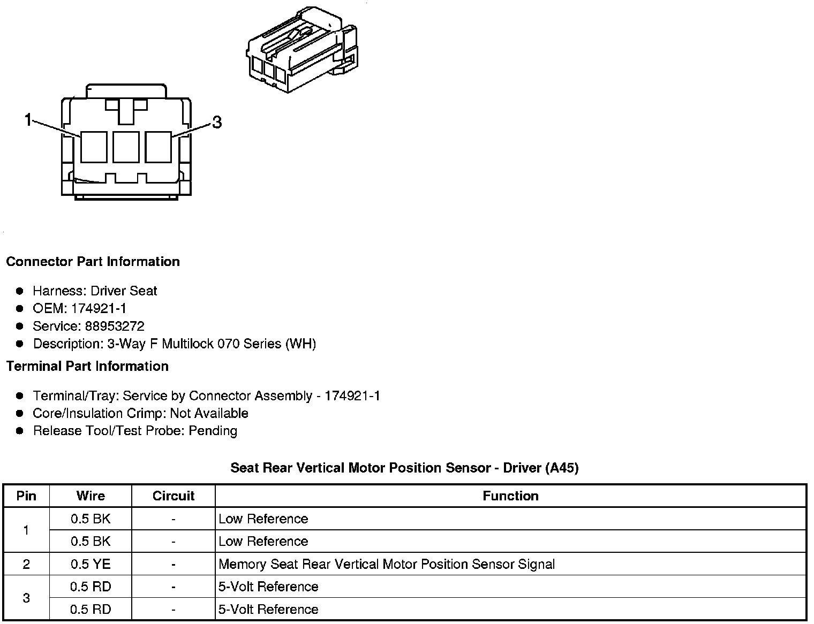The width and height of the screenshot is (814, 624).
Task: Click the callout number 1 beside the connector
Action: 28,120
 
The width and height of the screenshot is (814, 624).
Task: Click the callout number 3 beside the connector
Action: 217,123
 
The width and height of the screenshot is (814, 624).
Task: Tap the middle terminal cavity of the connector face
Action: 126,147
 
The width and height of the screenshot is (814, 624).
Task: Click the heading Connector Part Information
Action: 93,262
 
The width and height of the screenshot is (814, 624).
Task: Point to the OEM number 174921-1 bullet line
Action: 79,308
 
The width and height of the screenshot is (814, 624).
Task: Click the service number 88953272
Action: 115,326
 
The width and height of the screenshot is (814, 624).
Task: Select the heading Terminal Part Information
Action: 87,366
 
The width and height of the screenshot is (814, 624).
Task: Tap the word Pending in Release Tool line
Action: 213,431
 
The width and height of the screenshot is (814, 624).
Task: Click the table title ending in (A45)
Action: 404,468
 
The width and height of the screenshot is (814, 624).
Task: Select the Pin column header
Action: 26,496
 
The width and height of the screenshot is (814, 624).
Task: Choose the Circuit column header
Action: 174,496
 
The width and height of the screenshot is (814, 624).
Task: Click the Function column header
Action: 510,496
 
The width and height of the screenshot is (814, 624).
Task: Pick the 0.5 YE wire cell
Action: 91,564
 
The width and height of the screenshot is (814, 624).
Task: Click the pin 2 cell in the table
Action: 26,564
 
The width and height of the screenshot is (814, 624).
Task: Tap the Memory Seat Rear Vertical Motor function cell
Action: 387,564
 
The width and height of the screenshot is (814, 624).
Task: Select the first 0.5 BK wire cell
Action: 91,519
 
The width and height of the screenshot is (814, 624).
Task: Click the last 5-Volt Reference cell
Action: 268,609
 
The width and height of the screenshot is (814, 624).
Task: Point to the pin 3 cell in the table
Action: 26,598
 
